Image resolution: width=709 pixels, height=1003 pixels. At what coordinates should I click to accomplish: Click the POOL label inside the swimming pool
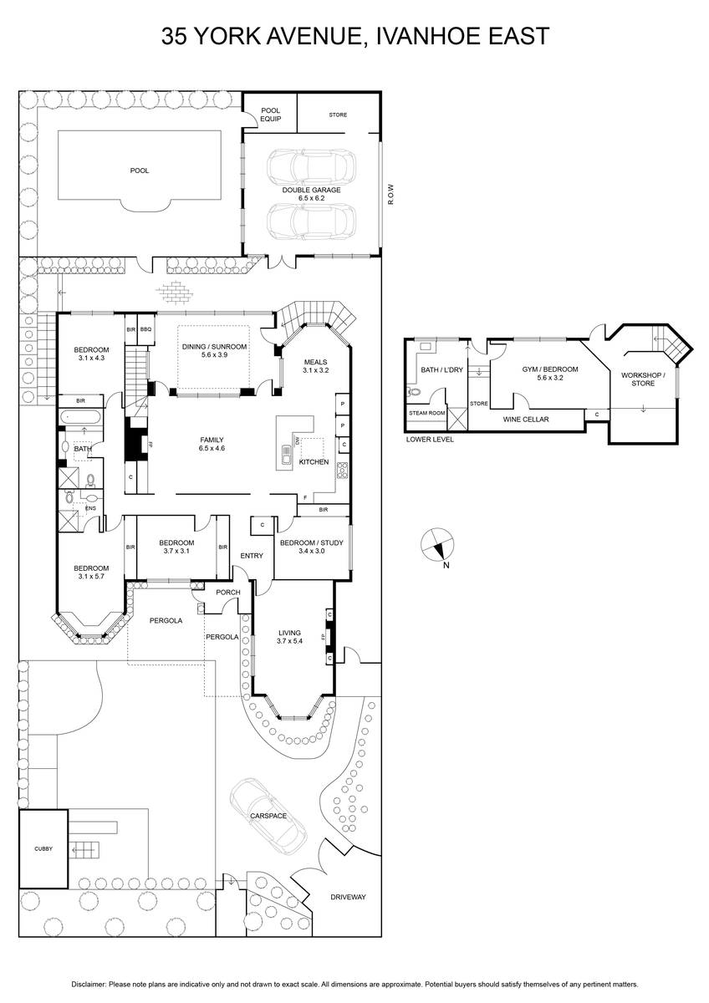coord(140,171)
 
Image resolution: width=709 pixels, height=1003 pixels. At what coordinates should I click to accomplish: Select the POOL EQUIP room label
coord(271,115)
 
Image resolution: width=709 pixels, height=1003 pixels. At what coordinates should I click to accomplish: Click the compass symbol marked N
coord(437,544)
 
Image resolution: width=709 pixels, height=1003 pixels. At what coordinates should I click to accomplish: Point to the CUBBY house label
coord(43,848)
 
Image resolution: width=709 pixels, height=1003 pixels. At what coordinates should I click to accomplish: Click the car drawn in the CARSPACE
coord(268,815)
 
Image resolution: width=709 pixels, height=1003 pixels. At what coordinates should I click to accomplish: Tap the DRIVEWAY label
coord(348,897)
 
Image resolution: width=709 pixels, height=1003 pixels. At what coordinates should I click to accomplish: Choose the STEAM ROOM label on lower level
coord(427,413)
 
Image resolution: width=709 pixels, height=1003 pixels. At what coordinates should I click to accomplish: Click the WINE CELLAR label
coord(526,420)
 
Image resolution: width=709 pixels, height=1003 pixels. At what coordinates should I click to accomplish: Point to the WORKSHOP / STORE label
coord(643,379)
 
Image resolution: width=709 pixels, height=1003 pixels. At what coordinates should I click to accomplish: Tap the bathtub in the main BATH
coord(81,417)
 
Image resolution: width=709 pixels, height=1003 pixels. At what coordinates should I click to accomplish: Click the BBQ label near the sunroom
coord(145,329)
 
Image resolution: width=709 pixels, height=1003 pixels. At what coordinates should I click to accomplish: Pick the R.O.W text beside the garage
coord(390,194)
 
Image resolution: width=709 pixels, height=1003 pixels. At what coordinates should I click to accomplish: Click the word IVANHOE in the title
coord(428,36)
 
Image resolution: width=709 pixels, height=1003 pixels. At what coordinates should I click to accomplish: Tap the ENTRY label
coord(252,556)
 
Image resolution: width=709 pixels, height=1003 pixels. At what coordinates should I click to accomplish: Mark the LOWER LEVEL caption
coord(430,440)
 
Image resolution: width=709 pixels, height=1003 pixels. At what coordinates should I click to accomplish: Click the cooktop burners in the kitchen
coord(343,471)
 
